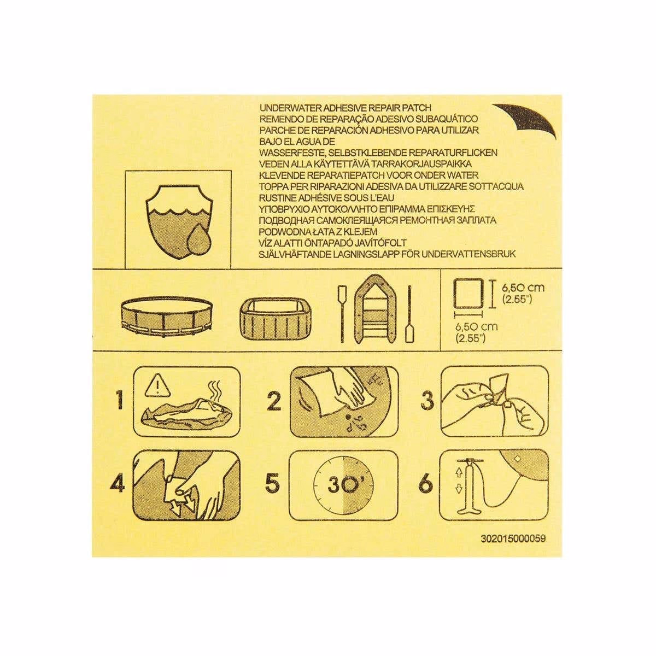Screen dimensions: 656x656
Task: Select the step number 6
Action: [x=426, y=484]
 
